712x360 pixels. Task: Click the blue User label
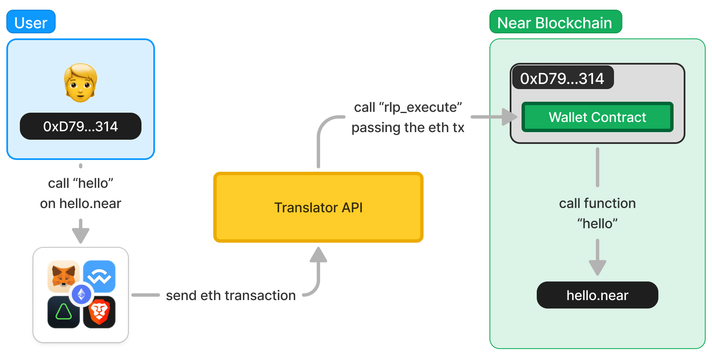point(31,22)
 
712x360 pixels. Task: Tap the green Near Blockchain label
point(556,22)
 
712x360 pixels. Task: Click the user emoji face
point(80,83)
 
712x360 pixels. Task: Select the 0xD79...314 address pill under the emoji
point(80,126)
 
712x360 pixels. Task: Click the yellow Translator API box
point(318,207)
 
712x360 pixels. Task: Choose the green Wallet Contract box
point(597,117)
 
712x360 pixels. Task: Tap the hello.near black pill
point(597,295)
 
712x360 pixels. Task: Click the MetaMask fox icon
point(63,276)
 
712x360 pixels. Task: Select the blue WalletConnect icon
point(100,276)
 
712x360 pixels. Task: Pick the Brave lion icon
point(100,312)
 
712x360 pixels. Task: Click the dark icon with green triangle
point(63,312)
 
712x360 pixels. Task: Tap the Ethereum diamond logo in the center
point(82,294)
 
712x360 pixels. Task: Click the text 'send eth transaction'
point(231,295)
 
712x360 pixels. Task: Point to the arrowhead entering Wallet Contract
point(510,117)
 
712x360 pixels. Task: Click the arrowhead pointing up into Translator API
point(318,254)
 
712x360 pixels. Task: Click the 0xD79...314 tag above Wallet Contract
point(563,78)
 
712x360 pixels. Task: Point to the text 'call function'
point(597,203)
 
